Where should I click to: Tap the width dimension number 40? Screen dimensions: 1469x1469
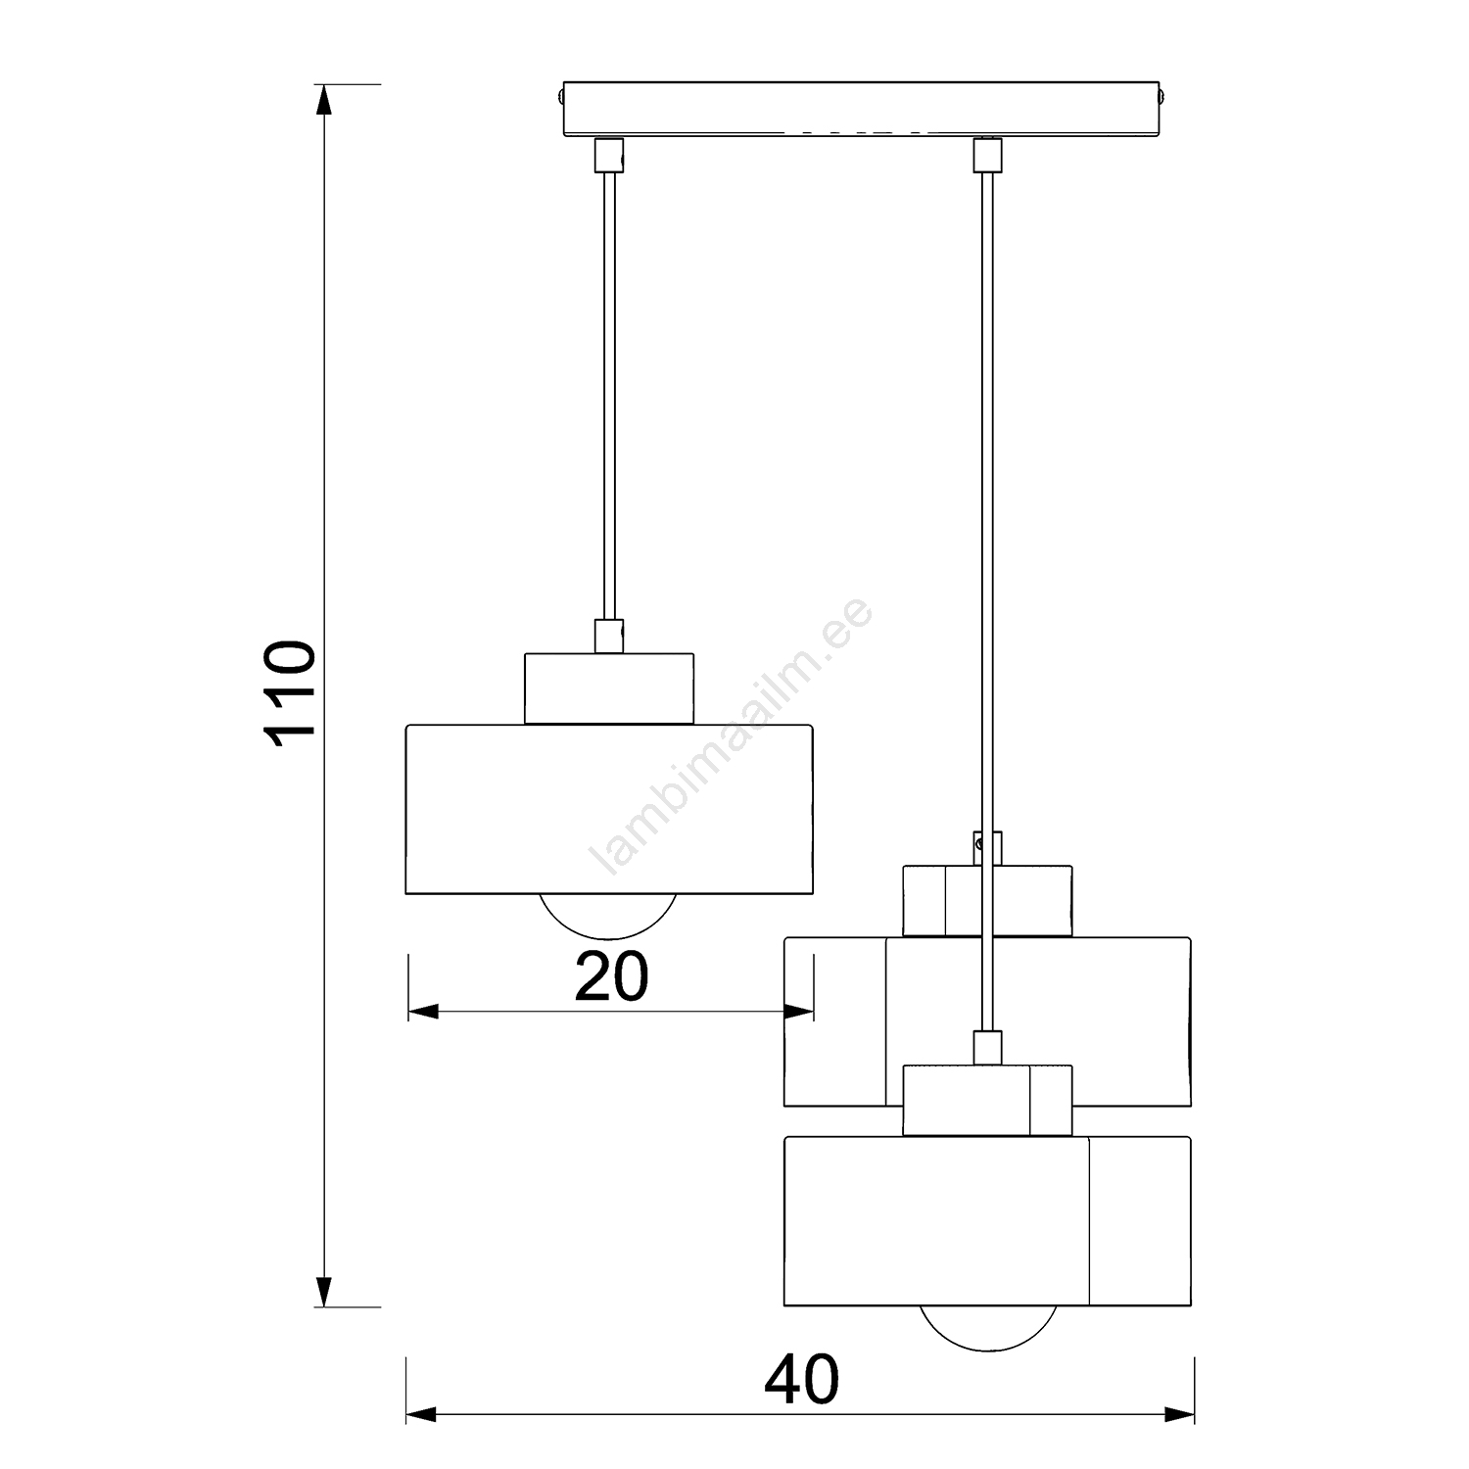click(801, 1380)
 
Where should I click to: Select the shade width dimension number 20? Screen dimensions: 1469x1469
click(611, 977)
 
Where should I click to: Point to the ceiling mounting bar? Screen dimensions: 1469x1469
click(863, 110)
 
